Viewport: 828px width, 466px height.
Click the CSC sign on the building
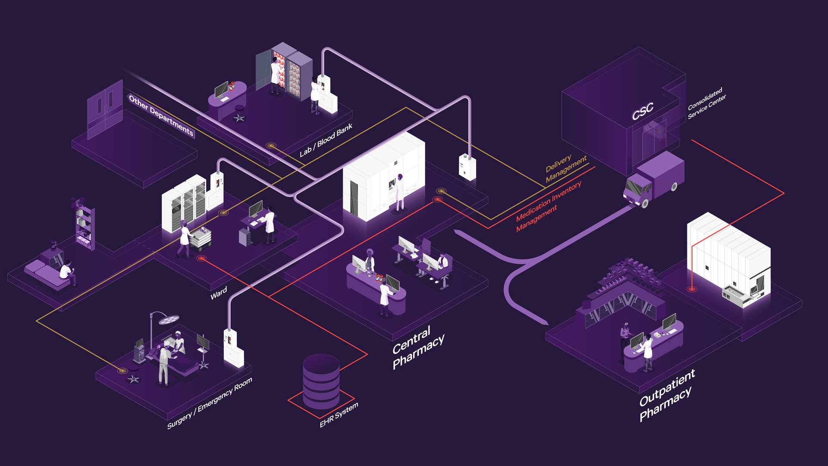tap(643, 111)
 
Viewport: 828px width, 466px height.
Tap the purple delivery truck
tap(654, 179)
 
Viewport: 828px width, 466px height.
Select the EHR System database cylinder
tap(321, 382)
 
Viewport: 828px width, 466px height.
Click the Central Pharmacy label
tap(417, 347)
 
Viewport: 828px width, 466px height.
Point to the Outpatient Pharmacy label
tap(667, 395)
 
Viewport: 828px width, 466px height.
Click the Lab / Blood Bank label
tap(326, 140)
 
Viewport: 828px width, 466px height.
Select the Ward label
tap(219, 293)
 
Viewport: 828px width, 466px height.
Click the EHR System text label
tap(339, 415)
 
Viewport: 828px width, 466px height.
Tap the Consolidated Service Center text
tap(706, 104)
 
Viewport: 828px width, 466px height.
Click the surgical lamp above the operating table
tap(168, 319)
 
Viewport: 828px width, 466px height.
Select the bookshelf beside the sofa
tap(85, 227)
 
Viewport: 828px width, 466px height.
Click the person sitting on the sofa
tap(67, 272)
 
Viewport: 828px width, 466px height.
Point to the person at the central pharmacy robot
tap(400, 192)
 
